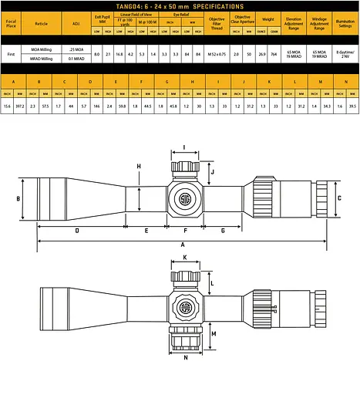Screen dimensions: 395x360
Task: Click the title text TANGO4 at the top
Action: coord(136,5)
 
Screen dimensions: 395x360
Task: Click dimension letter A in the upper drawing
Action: coord(182,244)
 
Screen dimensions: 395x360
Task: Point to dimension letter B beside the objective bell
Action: coord(18,199)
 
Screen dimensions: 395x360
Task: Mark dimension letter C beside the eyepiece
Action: coord(340,197)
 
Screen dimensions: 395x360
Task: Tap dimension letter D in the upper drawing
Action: coord(77,230)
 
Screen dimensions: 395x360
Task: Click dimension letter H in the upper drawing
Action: coord(139,166)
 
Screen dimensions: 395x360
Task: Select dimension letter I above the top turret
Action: coord(184,147)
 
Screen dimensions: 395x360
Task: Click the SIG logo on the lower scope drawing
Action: coord(185,308)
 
